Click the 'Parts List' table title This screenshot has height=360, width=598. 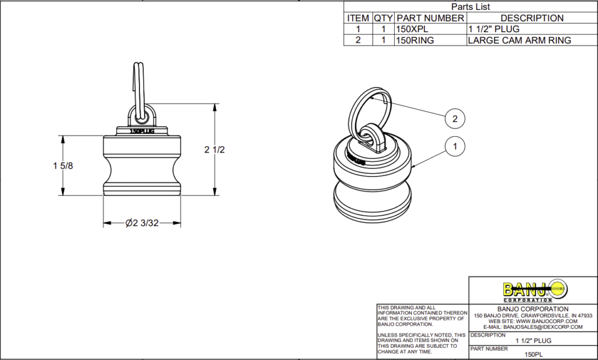471,7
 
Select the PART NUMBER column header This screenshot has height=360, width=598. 430,18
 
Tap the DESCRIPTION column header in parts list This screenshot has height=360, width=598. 531,18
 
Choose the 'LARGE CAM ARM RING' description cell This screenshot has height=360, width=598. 519,40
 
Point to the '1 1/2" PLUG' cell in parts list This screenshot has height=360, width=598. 495,29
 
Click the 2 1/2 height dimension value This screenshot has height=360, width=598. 214,150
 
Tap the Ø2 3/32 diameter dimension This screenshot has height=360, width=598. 142,223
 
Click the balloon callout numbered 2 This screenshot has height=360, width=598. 455,118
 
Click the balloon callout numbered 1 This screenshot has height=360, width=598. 455,147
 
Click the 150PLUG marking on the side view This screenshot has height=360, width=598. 142,131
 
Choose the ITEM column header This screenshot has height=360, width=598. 358,18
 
